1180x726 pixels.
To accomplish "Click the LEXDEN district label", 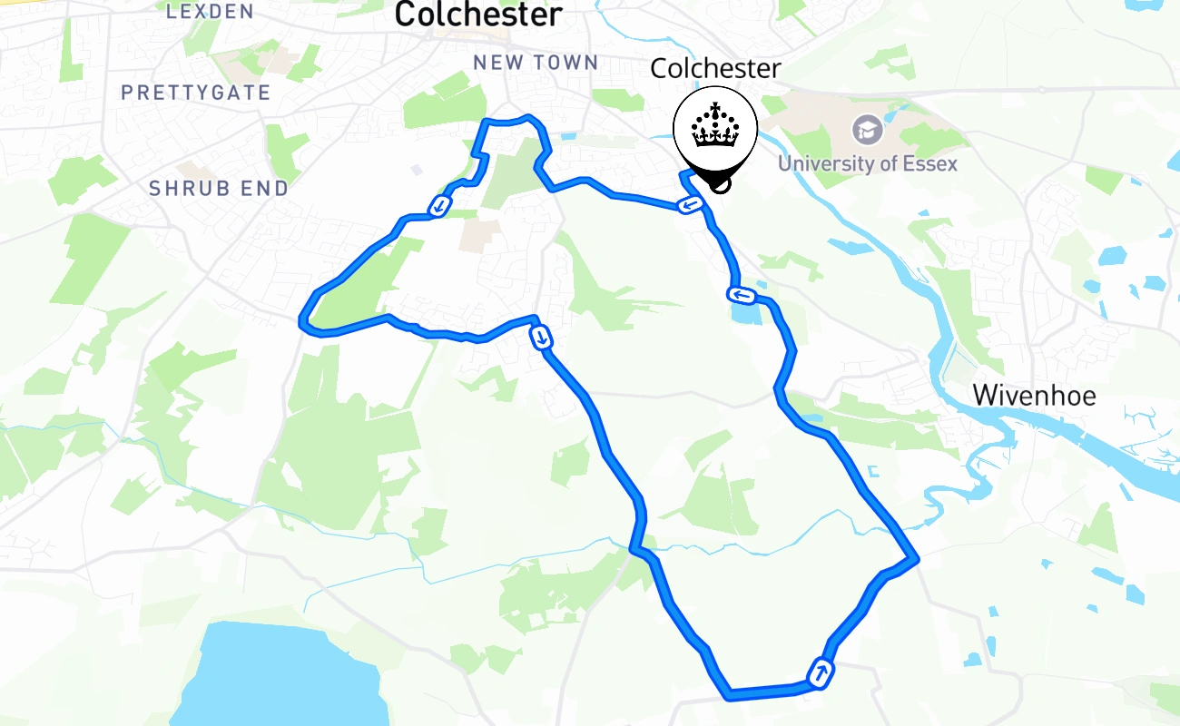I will pos(210,11).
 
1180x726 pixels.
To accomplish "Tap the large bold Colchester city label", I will pos(479,15).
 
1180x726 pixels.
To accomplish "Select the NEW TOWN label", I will pos(536,63).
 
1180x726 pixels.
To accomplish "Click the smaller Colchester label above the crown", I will pos(715,69).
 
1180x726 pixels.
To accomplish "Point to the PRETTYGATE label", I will pos(196,93).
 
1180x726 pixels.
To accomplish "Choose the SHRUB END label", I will pos(218,189).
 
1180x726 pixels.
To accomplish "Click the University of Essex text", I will pos(867,164).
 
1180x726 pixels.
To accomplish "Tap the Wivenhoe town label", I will pos(1034,396).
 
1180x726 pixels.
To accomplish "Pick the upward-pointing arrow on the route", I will pos(821,673).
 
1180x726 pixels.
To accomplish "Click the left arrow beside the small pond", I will pos(740,294).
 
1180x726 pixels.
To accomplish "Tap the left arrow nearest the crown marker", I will pos(691,206).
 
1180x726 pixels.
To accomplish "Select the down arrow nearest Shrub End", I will pos(439,206).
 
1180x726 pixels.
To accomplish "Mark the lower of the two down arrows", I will pos(542,338).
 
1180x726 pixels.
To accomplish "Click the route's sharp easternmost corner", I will pos(916,558).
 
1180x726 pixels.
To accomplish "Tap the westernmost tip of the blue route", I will pos(303,319).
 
